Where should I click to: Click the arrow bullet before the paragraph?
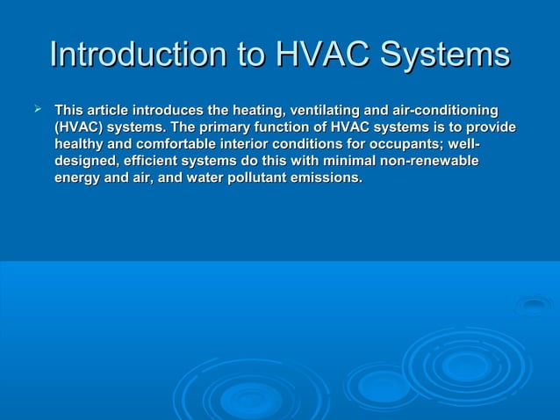[37, 109]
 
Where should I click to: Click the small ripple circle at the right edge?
[534, 305]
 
